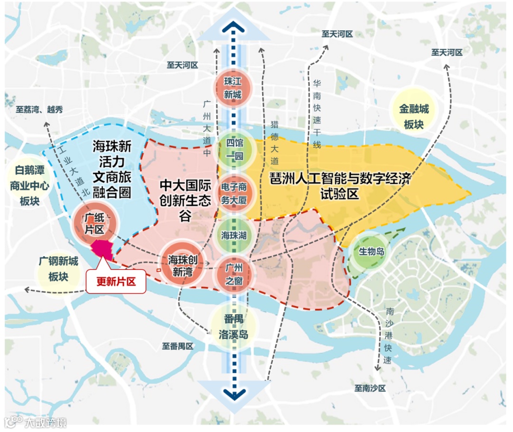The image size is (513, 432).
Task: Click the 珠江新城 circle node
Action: [x=233, y=87]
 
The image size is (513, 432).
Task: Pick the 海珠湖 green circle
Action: [x=234, y=235]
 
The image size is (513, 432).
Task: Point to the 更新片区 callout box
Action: [x=115, y=281]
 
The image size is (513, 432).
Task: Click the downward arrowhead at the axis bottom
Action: [x=234, y=393]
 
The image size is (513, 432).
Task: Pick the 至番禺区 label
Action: [x=178, y=346]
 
